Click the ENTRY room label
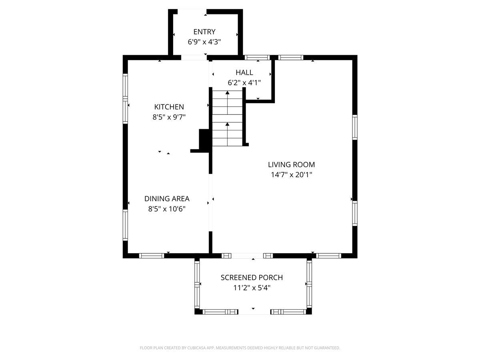tap(204, 32)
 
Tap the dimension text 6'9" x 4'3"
tap(204, 42)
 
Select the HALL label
tap(244, 72)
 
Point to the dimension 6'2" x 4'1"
tap(244, 83)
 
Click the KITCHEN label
tap(169, 107)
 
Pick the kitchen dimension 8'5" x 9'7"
tap(169, 117)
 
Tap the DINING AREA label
tap(167, 198)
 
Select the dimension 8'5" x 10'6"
tap(167, 209)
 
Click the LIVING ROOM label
tap(291, 164)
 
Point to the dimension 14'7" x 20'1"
tap(291, 175)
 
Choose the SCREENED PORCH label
tap(252, 277)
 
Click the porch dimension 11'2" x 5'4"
tap(252, 288)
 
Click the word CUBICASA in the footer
tap(198, 348)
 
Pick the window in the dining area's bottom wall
tap(152, 256)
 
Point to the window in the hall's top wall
tap(257, 57)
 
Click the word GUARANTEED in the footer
tap(325, 348)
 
